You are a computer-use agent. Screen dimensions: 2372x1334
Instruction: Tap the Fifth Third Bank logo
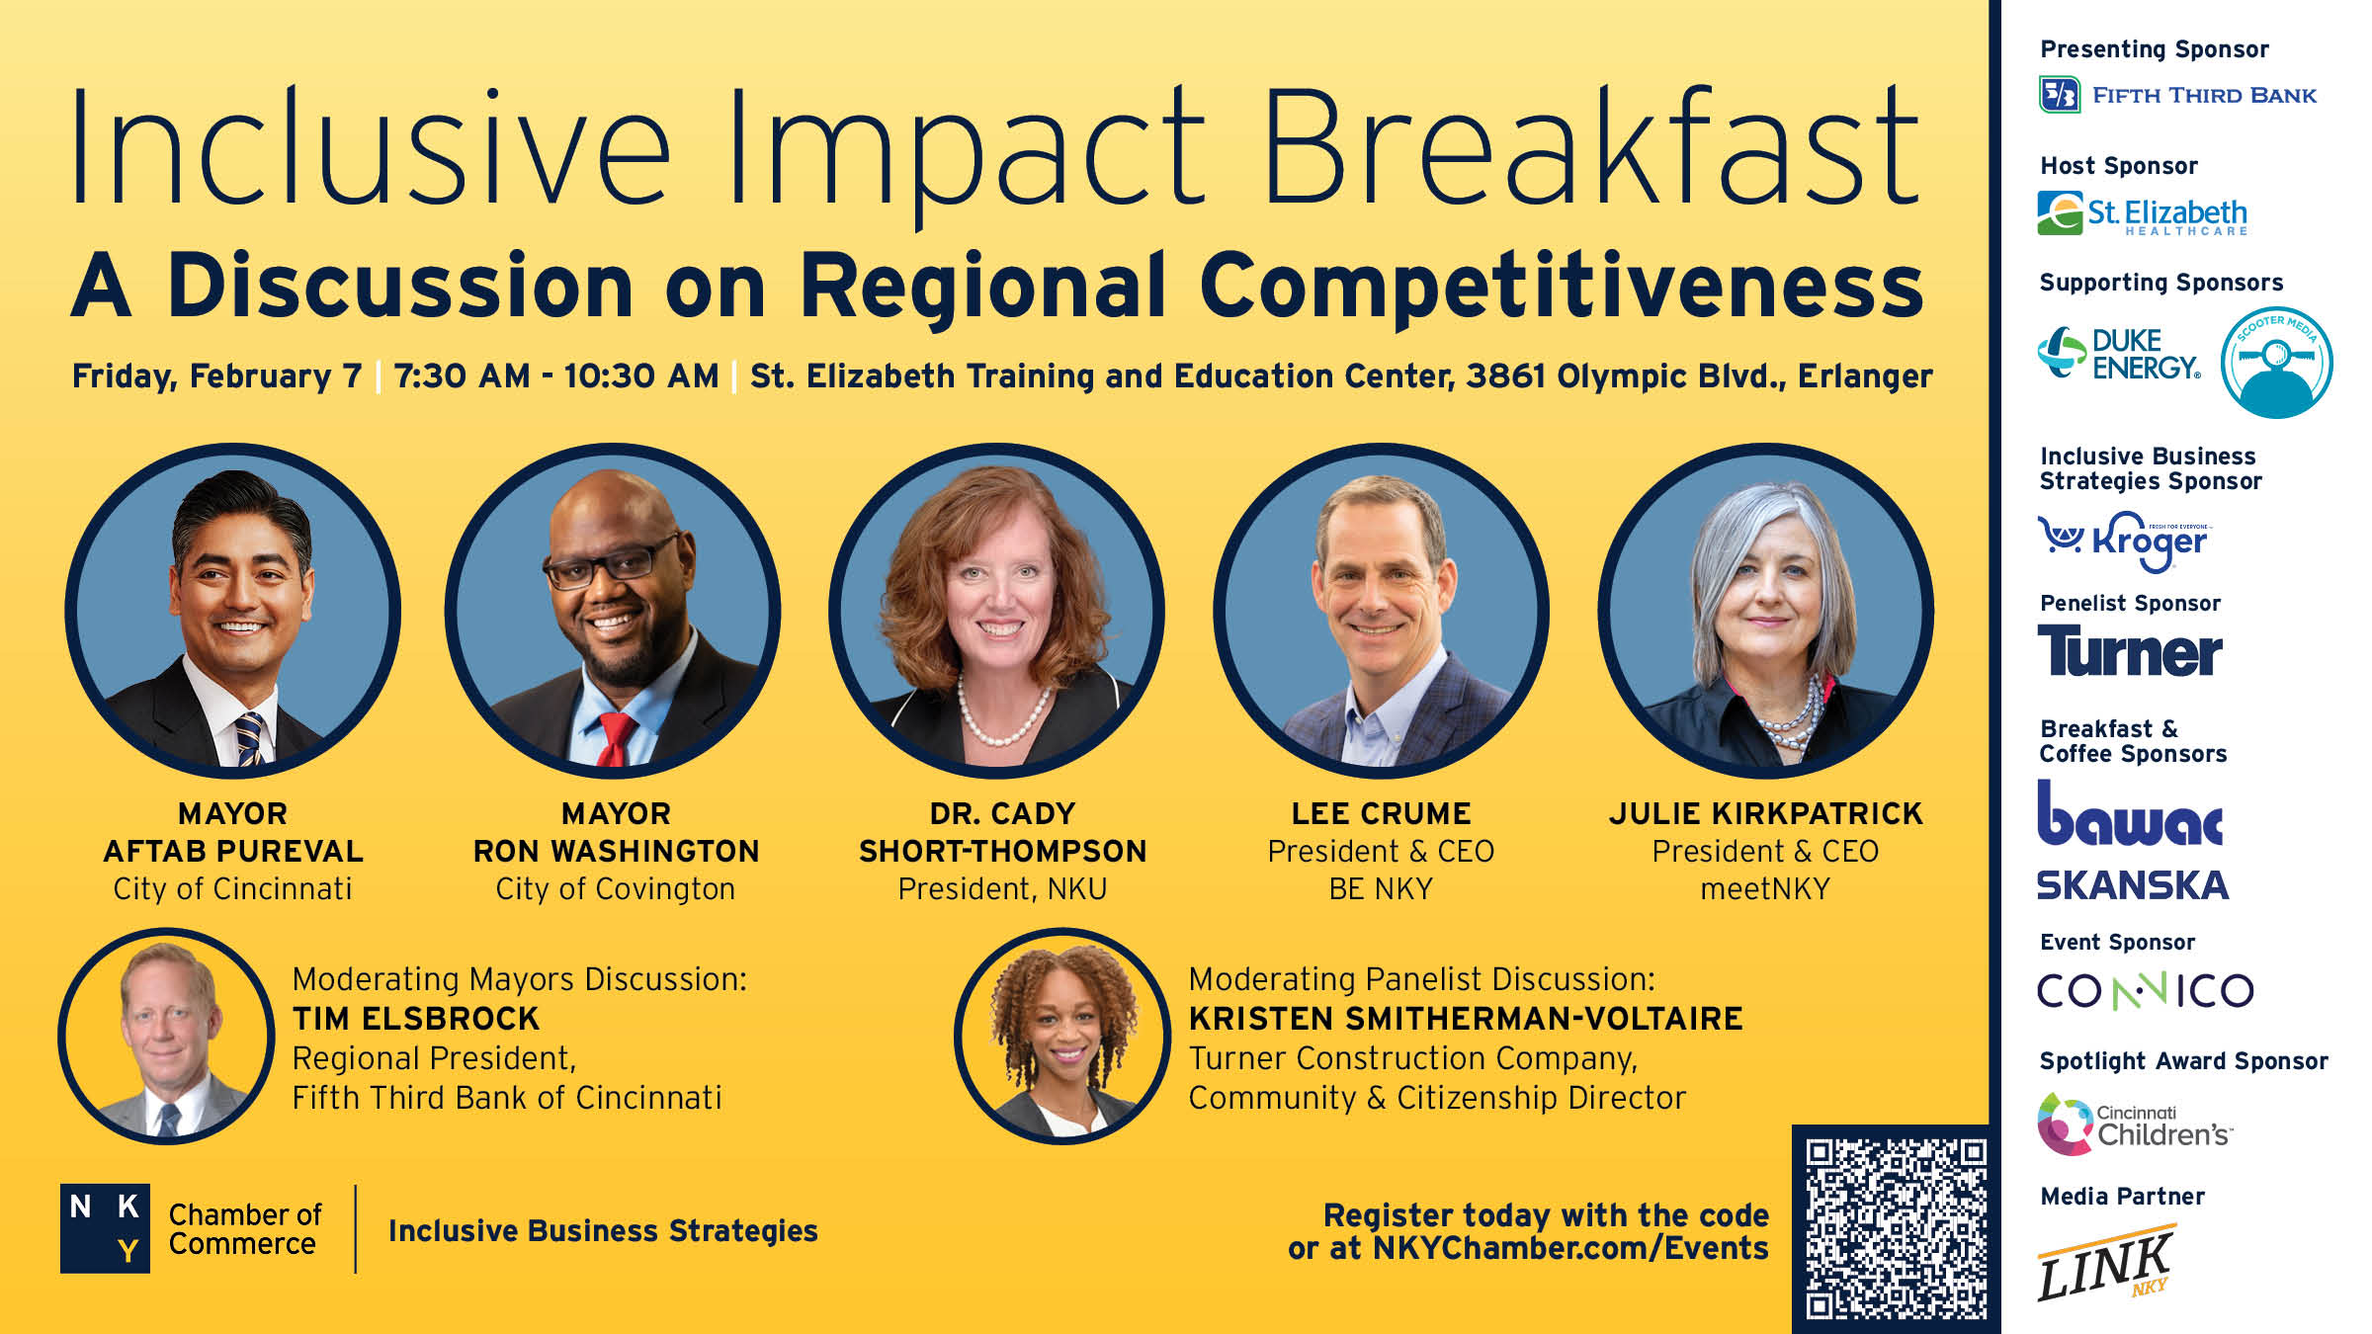coord(2177,95)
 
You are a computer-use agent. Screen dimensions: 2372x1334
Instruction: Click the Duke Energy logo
coord(2119,354)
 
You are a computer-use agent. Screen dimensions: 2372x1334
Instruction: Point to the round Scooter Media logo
coord(2276,362)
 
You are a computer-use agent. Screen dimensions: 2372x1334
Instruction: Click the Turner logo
coord(2130,651)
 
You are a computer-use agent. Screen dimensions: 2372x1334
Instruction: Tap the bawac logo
coord(2130,813)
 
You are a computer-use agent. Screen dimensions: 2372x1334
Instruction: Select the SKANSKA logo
coord(2133,884)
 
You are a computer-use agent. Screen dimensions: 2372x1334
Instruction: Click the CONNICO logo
coord(2145,990)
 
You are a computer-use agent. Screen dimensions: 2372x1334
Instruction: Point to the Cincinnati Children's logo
coord(2135,1124)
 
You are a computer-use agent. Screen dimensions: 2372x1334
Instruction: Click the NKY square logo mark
coord(105,1228)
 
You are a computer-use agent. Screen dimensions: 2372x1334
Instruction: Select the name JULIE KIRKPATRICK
coord(1765,813)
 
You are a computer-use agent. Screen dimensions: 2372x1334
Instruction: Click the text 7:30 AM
coord(463,376)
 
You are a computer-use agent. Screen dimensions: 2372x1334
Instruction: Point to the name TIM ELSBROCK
coord(416,1019)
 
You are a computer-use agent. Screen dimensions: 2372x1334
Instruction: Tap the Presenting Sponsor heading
coord(2155,49)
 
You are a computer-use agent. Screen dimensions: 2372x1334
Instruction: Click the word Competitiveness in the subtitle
coord(1562,287)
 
